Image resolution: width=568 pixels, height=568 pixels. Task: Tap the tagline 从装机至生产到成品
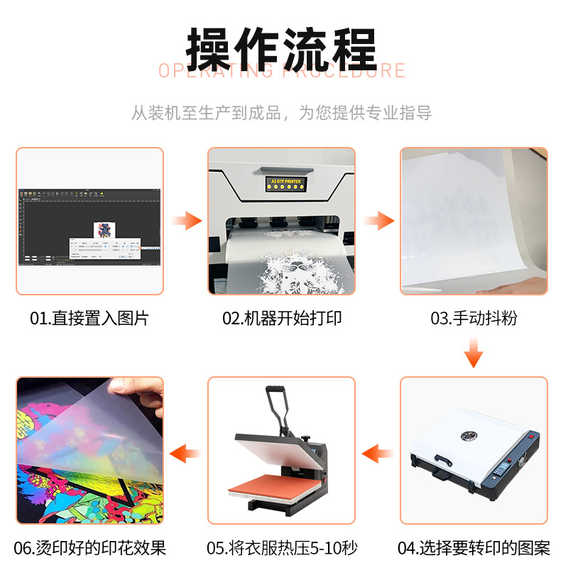coord(206,113)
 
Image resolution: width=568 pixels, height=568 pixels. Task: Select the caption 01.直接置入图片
coord(89,318)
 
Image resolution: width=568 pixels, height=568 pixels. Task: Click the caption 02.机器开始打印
coord(282,318)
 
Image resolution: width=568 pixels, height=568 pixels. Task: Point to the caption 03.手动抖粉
coord(474,318)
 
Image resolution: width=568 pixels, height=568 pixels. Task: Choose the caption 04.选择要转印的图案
coord(474,548)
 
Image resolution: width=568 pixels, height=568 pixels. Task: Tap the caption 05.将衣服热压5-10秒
coord(282,548)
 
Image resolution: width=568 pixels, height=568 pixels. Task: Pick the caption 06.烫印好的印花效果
coord(90,548)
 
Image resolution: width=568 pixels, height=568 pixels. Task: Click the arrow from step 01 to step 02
coord(187,221)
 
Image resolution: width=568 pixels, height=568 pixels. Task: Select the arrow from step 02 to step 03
coord(378,221)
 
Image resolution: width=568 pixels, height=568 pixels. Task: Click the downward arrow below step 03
coord(474,351)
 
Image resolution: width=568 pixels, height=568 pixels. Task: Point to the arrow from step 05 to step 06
coord(185,451)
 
